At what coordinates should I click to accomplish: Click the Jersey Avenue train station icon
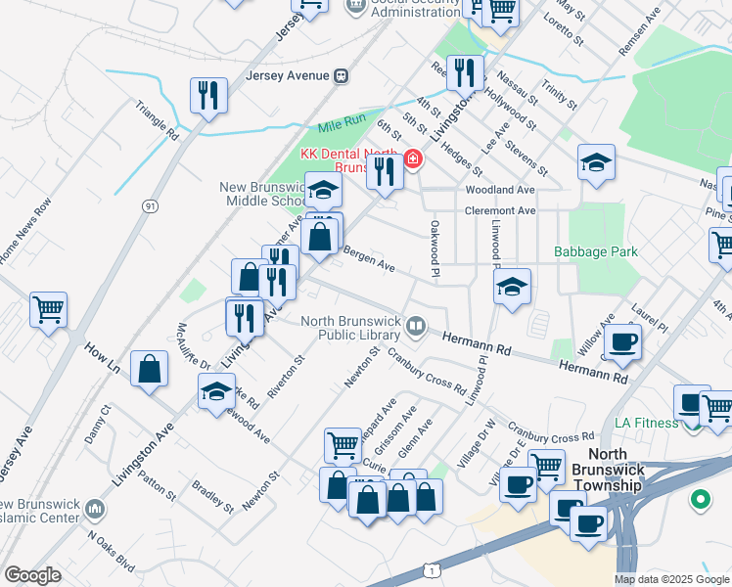pos(342,74)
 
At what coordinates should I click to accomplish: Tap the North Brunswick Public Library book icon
pos(417,327)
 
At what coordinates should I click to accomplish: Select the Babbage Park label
pos(595,251)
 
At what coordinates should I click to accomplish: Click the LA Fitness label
pos(646,423)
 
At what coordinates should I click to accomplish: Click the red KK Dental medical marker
pos(413,158)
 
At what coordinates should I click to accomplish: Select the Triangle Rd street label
pos(157,119)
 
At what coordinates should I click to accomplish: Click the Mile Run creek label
pos(342,127)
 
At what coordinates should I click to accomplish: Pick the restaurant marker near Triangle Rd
pos(208,95)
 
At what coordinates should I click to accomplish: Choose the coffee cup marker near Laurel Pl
pos(622,342)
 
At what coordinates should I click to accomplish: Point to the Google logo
pos(33,575)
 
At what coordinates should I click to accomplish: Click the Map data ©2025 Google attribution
pos(671,579)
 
